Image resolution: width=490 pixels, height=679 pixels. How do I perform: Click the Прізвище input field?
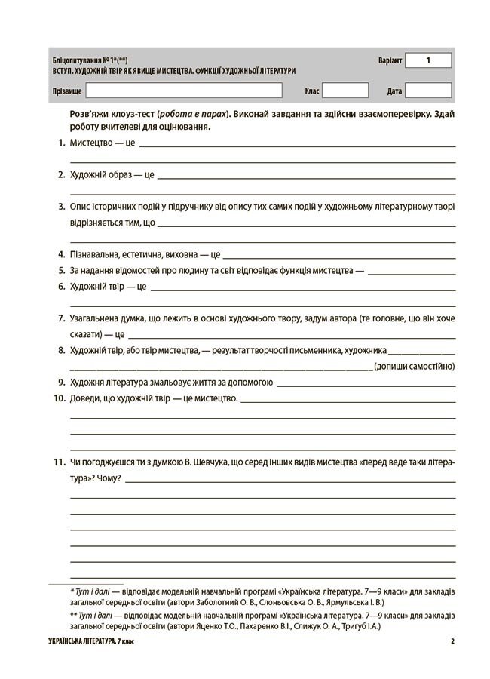click(x=184, y=91)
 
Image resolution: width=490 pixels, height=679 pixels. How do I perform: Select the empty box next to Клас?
click(x=345, y=91)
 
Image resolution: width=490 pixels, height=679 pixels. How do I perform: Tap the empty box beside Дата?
click(x=428, y=91)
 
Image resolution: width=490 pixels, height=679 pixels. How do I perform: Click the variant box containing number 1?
click(x=428, y=60)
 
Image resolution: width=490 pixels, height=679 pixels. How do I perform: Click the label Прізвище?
click(x=67, y=91)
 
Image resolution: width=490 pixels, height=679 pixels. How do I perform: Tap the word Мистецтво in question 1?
click(x=90, y=143)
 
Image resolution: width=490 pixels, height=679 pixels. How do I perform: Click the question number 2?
click(x=60, y=174)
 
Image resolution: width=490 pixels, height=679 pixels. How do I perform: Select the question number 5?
click(x=60, y=270)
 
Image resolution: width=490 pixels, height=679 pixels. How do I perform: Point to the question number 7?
click(x=60, y=318)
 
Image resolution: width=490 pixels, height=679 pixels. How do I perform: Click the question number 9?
click(x=60, y=383)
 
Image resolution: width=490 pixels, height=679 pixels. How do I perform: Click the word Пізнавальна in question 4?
click(x=94, y=254)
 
